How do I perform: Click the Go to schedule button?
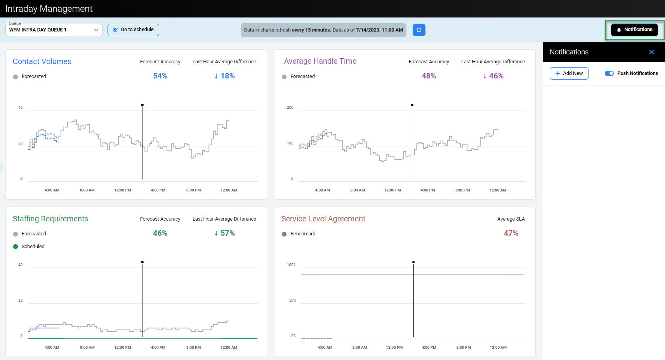[x=133, y=30]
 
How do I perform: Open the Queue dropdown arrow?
[x=96, y=30]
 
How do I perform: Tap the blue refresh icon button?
[x=419, y=30]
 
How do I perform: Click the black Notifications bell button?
[x=634, y=30]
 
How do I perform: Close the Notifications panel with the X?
[x=652, y=52]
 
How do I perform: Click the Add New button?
[x=569, y=73]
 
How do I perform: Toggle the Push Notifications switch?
[x=609, y=73]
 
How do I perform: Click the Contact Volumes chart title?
[x=42, y=61]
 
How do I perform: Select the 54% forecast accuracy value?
[x=160, y=76]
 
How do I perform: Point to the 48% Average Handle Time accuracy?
[x=429, y=76]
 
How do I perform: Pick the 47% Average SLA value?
[x=511, y=233]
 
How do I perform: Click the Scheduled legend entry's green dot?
[x=16, y=247]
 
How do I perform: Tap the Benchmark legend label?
[x=303, y=234]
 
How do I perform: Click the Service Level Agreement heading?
[x=323, y=219]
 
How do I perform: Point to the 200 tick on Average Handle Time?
[x=290, y=108]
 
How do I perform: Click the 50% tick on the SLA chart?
[x=292, y=300]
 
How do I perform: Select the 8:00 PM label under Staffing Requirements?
[x=194, y=347]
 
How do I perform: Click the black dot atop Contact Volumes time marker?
[x=142, y=105]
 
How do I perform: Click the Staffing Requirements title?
[x=50, y=219]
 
